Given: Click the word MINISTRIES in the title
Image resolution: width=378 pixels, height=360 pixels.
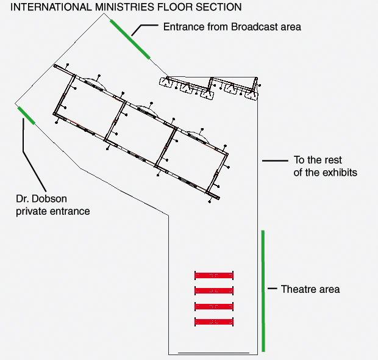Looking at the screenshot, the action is point(125,7).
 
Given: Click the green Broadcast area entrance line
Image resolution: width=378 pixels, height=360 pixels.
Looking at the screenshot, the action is point(130,39).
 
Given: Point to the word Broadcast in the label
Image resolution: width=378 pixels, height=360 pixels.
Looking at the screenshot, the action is point(254,27).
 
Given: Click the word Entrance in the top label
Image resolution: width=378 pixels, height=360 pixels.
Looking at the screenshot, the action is point(184,27).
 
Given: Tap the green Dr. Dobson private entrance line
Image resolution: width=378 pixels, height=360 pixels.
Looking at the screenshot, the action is point(26,115).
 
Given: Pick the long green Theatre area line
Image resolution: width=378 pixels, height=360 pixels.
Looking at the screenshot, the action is point(263,291).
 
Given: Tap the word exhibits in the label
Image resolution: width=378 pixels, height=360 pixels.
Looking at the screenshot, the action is point(340,173).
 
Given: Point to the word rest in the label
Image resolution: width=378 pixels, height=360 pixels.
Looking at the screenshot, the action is point(333,160).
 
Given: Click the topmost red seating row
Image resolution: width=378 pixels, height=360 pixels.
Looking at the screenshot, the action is point(214,275).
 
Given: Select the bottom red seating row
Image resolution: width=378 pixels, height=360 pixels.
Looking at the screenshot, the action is point(214,322).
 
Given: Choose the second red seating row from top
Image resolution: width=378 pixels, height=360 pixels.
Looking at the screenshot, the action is point(214,290).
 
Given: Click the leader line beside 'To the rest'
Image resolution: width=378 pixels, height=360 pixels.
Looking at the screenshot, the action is point(275,160).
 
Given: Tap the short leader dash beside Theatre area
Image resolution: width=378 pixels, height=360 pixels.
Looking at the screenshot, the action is point(273,289).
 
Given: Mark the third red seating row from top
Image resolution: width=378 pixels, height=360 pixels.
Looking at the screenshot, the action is point(214,307).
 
